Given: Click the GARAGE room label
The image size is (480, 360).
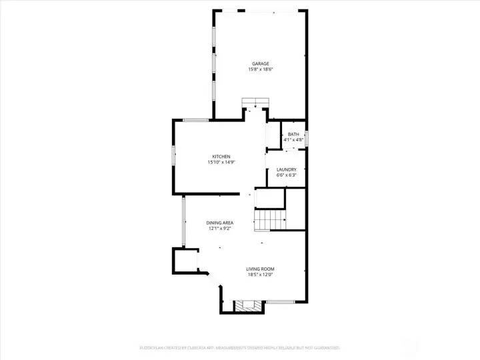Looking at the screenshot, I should point(260,64).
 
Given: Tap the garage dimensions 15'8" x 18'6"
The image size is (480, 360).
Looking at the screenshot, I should point(260,69).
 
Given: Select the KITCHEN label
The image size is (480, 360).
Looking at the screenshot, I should point(221,157).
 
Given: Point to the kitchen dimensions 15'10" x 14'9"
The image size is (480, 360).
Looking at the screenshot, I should point(221,162).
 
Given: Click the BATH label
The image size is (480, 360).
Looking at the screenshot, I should point(293,135).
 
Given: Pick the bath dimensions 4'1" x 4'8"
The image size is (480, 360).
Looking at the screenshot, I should point(293,140).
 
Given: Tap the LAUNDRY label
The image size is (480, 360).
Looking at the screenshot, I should point(286,170).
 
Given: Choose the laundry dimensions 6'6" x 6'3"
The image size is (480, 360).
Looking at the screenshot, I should point(286,175).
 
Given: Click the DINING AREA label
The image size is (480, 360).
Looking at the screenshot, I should point(219,223).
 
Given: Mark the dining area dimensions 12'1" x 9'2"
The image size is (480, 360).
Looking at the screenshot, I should point(219,229).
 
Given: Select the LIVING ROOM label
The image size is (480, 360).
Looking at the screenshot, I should point(260,269).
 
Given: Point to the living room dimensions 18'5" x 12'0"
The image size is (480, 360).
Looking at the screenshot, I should point(260,275).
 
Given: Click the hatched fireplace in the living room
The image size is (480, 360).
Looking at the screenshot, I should point(245,306).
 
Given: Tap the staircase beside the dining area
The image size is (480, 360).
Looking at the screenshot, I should point(270,218).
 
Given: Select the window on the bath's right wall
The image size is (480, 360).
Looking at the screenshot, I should point(306,139).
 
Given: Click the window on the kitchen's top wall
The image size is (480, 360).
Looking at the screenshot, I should point(195,120).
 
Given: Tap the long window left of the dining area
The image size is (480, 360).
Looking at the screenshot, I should point(184,222).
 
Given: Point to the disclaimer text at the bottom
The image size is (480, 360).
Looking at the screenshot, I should point(239,348).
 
